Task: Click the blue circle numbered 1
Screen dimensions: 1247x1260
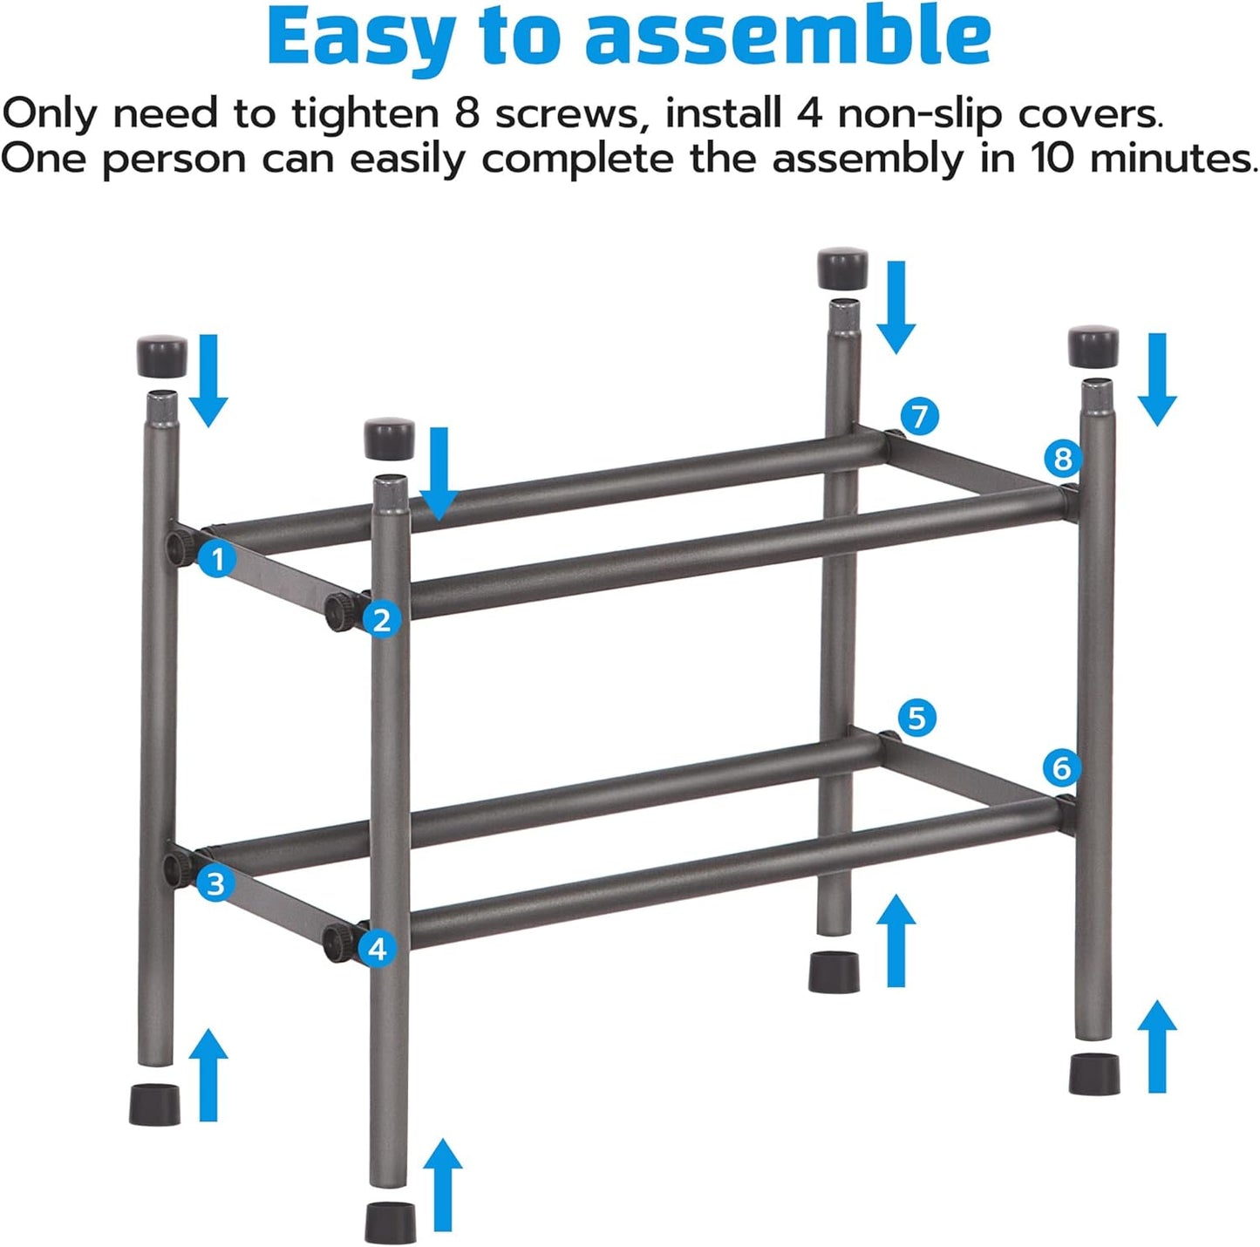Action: pyautogui.click(x=217, y=558)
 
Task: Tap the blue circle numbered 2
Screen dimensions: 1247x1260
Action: pyautogui.click(x=381, y=620)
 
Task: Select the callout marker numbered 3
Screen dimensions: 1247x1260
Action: pyautogui.click(x=215, y=883)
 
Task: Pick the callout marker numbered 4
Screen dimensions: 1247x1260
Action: pyautogui.click(x=377, y=948)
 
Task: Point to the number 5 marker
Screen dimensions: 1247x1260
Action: pyautogui.click(x=916, y=718)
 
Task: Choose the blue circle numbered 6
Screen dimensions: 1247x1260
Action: pyautogui.click(x=1061, y=767)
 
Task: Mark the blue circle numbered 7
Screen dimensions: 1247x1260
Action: pyautogui.click(x=920, y=416)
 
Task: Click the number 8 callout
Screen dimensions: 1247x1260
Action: pyautogui.click(x=1062, y=458)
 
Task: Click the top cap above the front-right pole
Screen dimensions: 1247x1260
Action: pyautogui.click(x=1093, y=347)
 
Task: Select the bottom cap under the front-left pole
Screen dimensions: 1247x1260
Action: pyautogui.click(x=390, y=1222)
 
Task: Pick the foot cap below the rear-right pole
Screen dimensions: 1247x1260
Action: pyautogui.click(x=834, y=971)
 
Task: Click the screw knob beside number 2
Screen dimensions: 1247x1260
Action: pyautogui.click(x=337, y=613)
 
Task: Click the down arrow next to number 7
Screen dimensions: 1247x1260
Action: pyautogui.click(x=896, y=307)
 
